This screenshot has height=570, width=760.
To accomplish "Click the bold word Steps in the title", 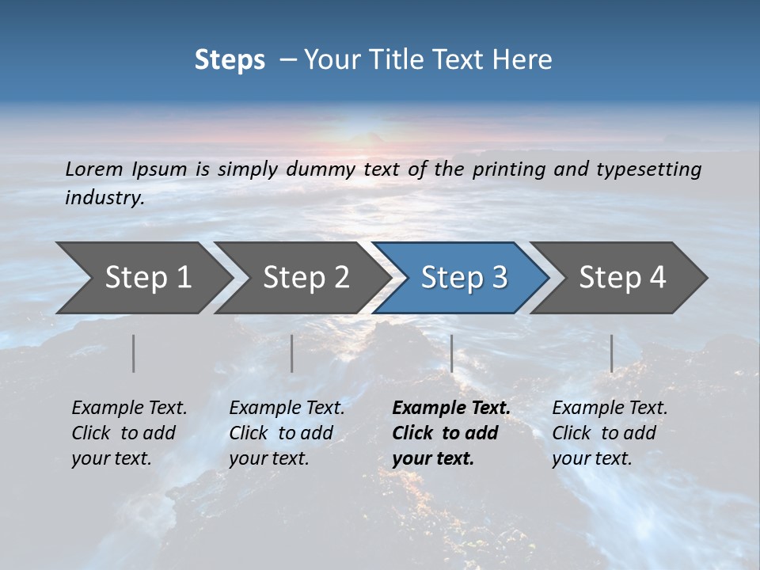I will (x=230, y=60).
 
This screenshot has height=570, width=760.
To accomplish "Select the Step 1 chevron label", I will (x=148, y=277).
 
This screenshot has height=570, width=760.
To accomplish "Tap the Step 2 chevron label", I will (x=306, y=277).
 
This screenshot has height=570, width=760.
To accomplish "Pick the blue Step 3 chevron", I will (x=464, y=277).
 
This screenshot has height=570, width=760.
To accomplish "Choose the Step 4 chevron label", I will (x=622, y=277).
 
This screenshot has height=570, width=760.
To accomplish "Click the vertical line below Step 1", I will (x=134, y=353).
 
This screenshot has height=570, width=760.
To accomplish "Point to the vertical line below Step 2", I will (x=292, y=353).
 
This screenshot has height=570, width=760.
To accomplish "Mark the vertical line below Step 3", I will (x=452, y=353).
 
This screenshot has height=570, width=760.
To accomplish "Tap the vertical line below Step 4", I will (x=612, y=353).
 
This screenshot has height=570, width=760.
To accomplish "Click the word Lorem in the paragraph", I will (x=94, y=169).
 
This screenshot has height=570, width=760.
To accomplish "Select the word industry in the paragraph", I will (x=104, y=197).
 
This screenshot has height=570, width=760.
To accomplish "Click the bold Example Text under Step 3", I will (x=451, y=408).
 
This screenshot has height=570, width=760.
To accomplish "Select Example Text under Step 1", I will (x=129, y=408).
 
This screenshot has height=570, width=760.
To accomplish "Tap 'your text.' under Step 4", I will (x=591, y=458).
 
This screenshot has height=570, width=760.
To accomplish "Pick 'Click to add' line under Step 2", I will (x=281, y=433).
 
